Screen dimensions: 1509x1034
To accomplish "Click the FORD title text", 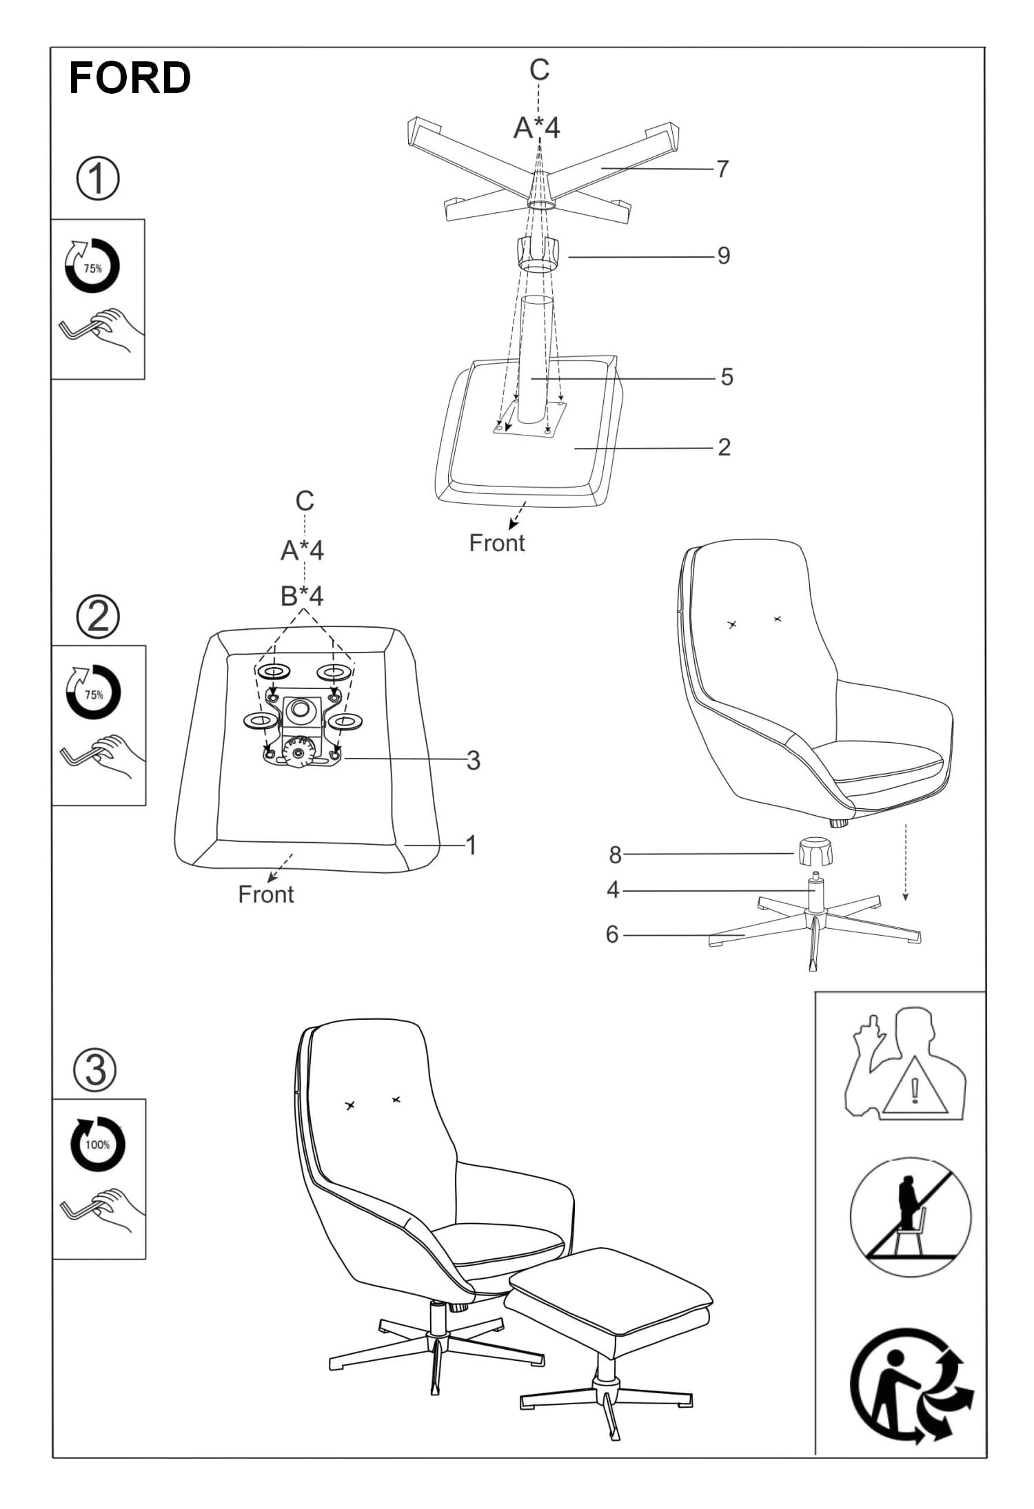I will (x=130, y=77).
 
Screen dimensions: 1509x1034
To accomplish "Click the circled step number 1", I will (x=97, y=178).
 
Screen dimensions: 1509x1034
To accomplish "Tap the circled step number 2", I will (x=97, y=617).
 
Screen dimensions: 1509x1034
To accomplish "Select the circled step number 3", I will (x=96, y=1070).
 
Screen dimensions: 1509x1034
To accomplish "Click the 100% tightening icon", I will (x=98, y=1144).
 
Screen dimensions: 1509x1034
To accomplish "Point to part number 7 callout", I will (x=722, y=169).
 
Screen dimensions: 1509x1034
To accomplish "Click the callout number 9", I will (x=723, y=256).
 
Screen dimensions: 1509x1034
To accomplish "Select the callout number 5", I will (x=727, y=377).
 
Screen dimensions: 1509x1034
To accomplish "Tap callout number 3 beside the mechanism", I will (x=473, y=761).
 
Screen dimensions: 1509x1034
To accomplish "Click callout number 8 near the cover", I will (x=615, y=855).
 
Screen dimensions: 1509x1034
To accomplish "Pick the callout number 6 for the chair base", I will (x=612, y=934).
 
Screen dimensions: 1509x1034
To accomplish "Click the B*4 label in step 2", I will (x=302, y=596).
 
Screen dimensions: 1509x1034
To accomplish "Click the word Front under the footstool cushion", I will (x=497, y=543).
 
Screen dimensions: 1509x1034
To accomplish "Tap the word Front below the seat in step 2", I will (x=266, y=894).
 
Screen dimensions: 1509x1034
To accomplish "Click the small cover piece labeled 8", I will (x=815, y=852).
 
